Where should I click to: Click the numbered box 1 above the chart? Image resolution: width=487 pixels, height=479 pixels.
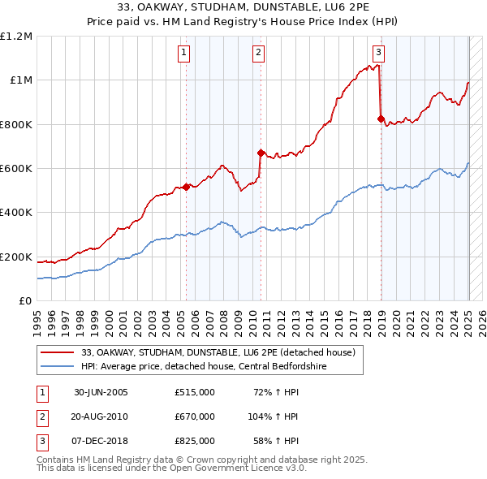tap(184, 54)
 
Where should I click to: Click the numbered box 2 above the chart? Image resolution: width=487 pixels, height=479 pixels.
tap(258, 54)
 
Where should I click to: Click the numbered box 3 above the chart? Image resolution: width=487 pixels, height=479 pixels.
tap(379, 54)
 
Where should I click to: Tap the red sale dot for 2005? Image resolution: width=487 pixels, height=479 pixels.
tap(186, 187)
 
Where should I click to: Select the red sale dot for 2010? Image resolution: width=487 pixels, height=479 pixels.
tap(261, 152)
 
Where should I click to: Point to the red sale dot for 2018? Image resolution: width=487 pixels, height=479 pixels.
tap(381, 119)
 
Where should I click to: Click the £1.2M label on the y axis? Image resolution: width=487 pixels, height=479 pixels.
tap(16, 37)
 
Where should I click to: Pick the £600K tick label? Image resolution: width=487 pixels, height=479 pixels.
tap(16, 169)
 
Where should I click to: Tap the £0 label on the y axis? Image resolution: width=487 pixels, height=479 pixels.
tap(25, 301)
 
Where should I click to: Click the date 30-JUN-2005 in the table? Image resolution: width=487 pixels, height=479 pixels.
tap(101, 392)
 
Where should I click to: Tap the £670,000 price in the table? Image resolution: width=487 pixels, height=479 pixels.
tap(195, 416)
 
